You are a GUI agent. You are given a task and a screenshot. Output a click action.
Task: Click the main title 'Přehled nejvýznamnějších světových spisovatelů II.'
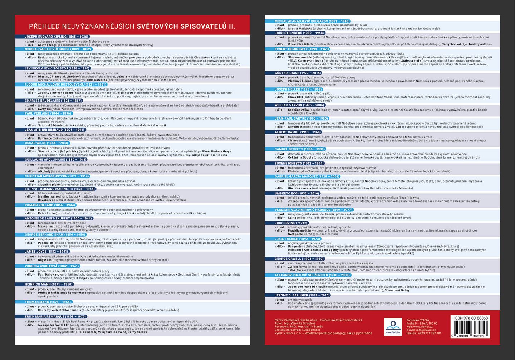(132, 26)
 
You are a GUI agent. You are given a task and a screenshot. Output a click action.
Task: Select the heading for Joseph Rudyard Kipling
(56, 37)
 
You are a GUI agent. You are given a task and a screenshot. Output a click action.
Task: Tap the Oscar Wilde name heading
(46, 143)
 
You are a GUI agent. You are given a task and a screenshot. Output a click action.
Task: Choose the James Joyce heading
(46, 252)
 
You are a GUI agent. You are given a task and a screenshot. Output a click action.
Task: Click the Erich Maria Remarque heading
(55, 317)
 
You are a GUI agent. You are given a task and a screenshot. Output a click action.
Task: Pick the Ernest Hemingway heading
(301, 49)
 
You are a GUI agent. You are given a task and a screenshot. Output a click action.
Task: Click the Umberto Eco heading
(297, 193)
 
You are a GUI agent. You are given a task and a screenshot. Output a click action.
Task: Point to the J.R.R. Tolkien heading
(297, 239)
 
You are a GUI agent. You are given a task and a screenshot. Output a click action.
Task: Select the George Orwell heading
(299, 259)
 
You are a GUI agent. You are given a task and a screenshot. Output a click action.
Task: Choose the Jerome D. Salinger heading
(302, 295)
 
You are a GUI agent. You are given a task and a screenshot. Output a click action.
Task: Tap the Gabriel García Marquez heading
(307, 176)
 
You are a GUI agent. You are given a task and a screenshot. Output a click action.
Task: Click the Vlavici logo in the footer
(393, 326)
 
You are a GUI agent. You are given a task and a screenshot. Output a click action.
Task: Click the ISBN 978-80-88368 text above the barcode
(471, 318)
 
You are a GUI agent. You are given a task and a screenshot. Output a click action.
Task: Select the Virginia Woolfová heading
(52, 266)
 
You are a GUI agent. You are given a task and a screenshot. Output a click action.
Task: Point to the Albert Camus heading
(298, 132)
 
